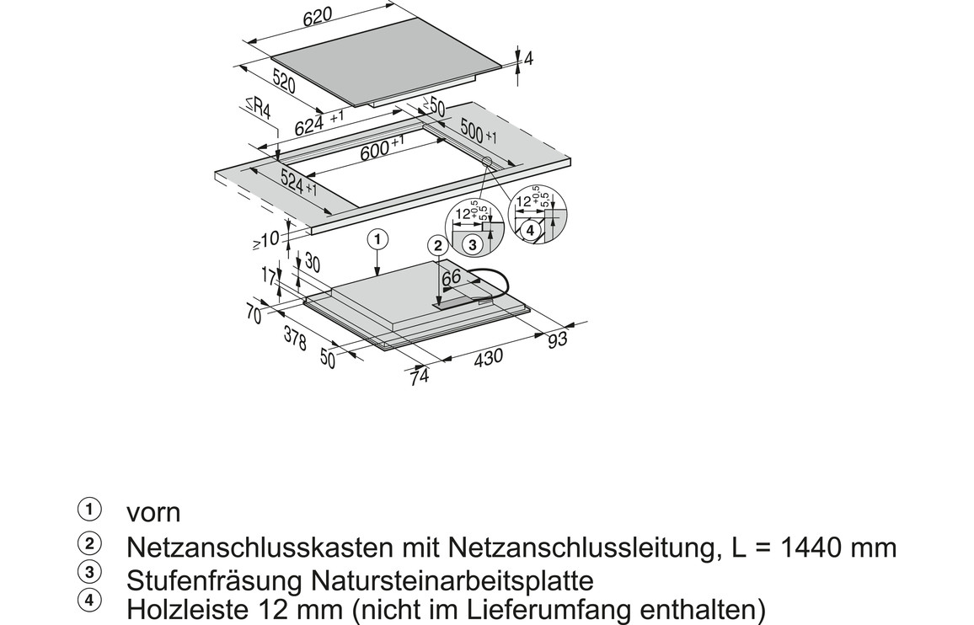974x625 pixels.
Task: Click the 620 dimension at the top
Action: pyautogui.click(x=318, y=17)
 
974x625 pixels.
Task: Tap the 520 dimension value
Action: pyautogui.click(x=283, y=81)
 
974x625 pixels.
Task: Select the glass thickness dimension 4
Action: pyautogui.click(x=528, y=59)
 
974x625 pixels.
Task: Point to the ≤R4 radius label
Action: pyautogui.click(x=258, y=108)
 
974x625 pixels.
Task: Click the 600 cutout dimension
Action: pyautogui.click(x=375, y=150)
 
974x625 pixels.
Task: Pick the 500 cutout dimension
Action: pyautogui.click(x=472, y=131)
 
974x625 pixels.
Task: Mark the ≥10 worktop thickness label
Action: pyautogui.click(x=266, y=239)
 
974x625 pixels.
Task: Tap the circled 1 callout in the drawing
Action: pyautogui.click(x=377, y=239)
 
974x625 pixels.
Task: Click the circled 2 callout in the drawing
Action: pyautogui.click(x=438, y=246)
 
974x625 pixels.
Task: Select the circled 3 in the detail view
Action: pyautogui.click(x=473, y=245)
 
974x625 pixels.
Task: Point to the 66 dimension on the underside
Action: pyautogui.click(x=451, y=278)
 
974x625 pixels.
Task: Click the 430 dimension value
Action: pyautogui.click(x=488, y=356)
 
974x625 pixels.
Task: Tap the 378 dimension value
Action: pyautogui.click(x=295, y=338)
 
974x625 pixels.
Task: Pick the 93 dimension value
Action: pyautogui.click(x=558, y=338)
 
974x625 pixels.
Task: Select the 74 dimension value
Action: pyautogui.click(x=420, y=377)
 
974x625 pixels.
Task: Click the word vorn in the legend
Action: pyautogui.click(x=153, y=512)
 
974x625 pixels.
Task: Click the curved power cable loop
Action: pyautogui.click(x=506, y=283)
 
